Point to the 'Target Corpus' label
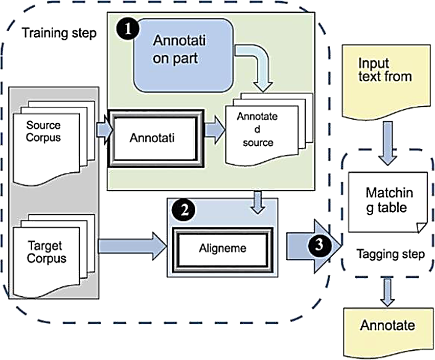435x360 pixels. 47,252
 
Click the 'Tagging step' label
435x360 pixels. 391,254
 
